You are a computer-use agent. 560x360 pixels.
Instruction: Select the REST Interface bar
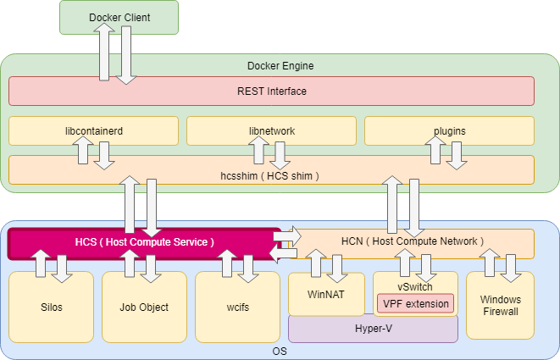point(271,91)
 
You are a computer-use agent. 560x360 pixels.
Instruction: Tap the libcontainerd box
point(93,130)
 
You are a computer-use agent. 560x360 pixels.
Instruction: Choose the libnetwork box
point(271,130)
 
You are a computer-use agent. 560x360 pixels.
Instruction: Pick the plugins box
point(449,130)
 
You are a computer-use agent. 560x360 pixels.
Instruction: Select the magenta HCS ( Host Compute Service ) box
point(144,242)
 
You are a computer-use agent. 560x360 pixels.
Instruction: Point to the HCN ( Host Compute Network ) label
point(413,241)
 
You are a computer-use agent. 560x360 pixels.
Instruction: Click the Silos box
point(51,307)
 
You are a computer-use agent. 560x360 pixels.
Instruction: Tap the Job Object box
point(144,307)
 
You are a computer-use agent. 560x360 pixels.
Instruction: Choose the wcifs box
point(237,307)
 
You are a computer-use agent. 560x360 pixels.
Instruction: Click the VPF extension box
point(415,302)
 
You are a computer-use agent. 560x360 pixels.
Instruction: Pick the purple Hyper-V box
point(373,329)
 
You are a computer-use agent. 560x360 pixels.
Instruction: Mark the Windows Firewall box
point(500,305)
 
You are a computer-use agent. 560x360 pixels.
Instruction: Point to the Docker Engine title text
point(280,65)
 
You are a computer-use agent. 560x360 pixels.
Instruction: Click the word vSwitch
point(415,286)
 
